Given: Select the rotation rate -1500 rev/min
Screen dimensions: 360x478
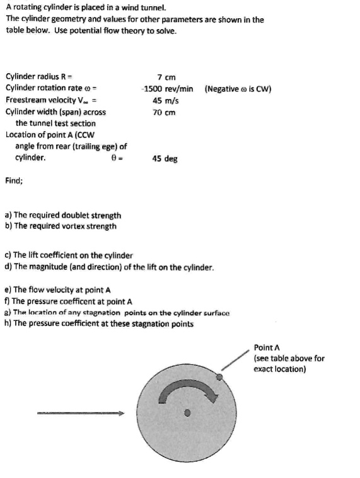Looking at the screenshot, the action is point(168,88).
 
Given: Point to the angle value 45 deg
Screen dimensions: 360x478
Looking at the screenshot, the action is point(165,159).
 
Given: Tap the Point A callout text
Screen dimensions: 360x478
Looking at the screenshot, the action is point(289,358).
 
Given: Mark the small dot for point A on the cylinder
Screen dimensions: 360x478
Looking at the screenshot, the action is point(219,377).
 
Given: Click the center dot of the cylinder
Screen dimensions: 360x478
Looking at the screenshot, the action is point(187,413).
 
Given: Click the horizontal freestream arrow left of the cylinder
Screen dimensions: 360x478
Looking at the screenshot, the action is point(79,414).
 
